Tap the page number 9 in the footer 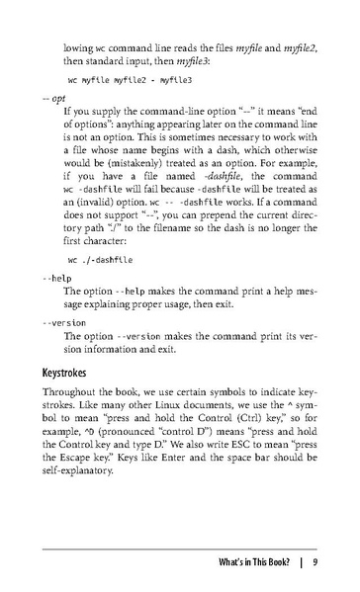313,563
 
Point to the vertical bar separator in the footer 297,563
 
